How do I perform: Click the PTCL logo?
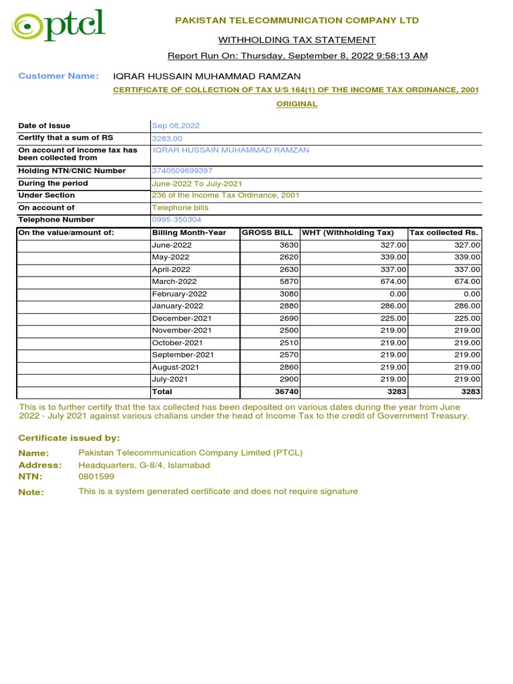point(59,27)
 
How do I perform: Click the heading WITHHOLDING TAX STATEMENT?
point(297,40)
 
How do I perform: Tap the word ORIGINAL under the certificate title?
point(297,104)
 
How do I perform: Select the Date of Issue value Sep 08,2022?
point(176,126)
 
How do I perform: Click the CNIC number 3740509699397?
point(182,171)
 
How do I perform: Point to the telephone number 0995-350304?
point(176,220)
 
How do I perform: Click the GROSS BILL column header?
point(267,232)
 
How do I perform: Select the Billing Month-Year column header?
point(189,232)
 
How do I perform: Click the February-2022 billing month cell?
point(179,294)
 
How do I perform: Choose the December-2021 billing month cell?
point(182,319)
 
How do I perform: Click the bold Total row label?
point(162,392)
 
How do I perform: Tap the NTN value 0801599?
point(96,477)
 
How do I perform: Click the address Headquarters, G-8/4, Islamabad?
point(144,465)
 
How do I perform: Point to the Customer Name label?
point(58,76)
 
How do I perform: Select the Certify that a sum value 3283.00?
point(167,138)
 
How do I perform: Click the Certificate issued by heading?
point(69,438)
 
